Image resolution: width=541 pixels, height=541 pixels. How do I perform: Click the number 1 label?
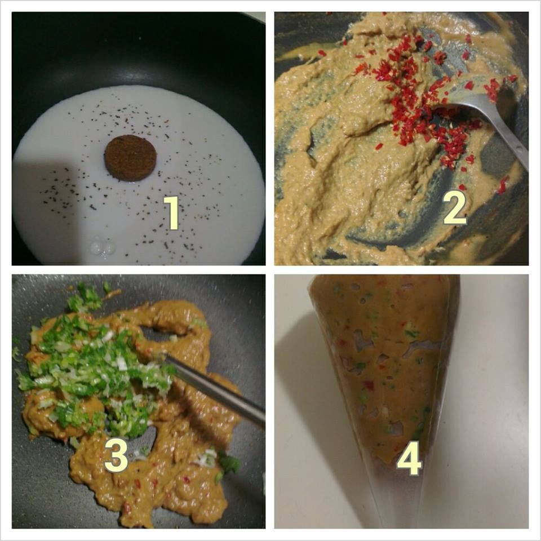[x=171, y=213]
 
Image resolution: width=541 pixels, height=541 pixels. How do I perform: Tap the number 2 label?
[x=455, y=207]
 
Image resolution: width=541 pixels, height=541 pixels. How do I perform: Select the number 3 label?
[x=116, y=455]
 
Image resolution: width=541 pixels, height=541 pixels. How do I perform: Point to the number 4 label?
[x=410, y=459]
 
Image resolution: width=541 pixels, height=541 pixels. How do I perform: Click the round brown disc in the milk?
[x=130, y=158]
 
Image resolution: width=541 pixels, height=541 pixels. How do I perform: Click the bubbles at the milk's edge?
[x=103, y=246]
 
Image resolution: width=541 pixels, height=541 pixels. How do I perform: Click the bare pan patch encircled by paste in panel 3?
[x=162, y=332]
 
